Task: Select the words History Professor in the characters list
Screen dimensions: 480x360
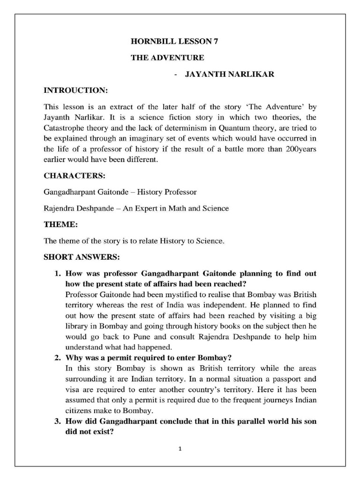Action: coord(169,192)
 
